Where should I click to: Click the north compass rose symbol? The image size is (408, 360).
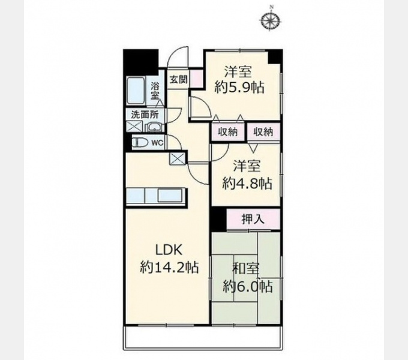pos(271,20)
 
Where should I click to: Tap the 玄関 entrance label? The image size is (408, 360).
pos(179,79)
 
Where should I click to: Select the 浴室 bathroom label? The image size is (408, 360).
pos(155,91)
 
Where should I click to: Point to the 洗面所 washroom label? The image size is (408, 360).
pos(145,115)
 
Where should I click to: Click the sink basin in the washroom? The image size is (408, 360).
pos(155,127)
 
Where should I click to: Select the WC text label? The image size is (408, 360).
pos(157,143)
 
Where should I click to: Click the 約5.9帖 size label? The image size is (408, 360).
pos(239,88)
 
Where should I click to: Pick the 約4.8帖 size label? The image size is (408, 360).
pos(247,184)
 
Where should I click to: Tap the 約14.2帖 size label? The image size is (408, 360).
pos(170,267)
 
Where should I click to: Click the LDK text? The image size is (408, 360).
pos(169,250)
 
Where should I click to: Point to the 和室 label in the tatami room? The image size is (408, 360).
pos(246,269)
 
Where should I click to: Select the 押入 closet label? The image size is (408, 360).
pos(253,219)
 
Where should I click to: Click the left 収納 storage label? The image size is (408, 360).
pos(228,132)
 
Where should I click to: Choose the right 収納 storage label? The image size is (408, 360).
pos(263,132)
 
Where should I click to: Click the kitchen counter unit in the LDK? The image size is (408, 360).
pos(157,196)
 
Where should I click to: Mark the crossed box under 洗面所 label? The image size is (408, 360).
pos(134,127)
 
